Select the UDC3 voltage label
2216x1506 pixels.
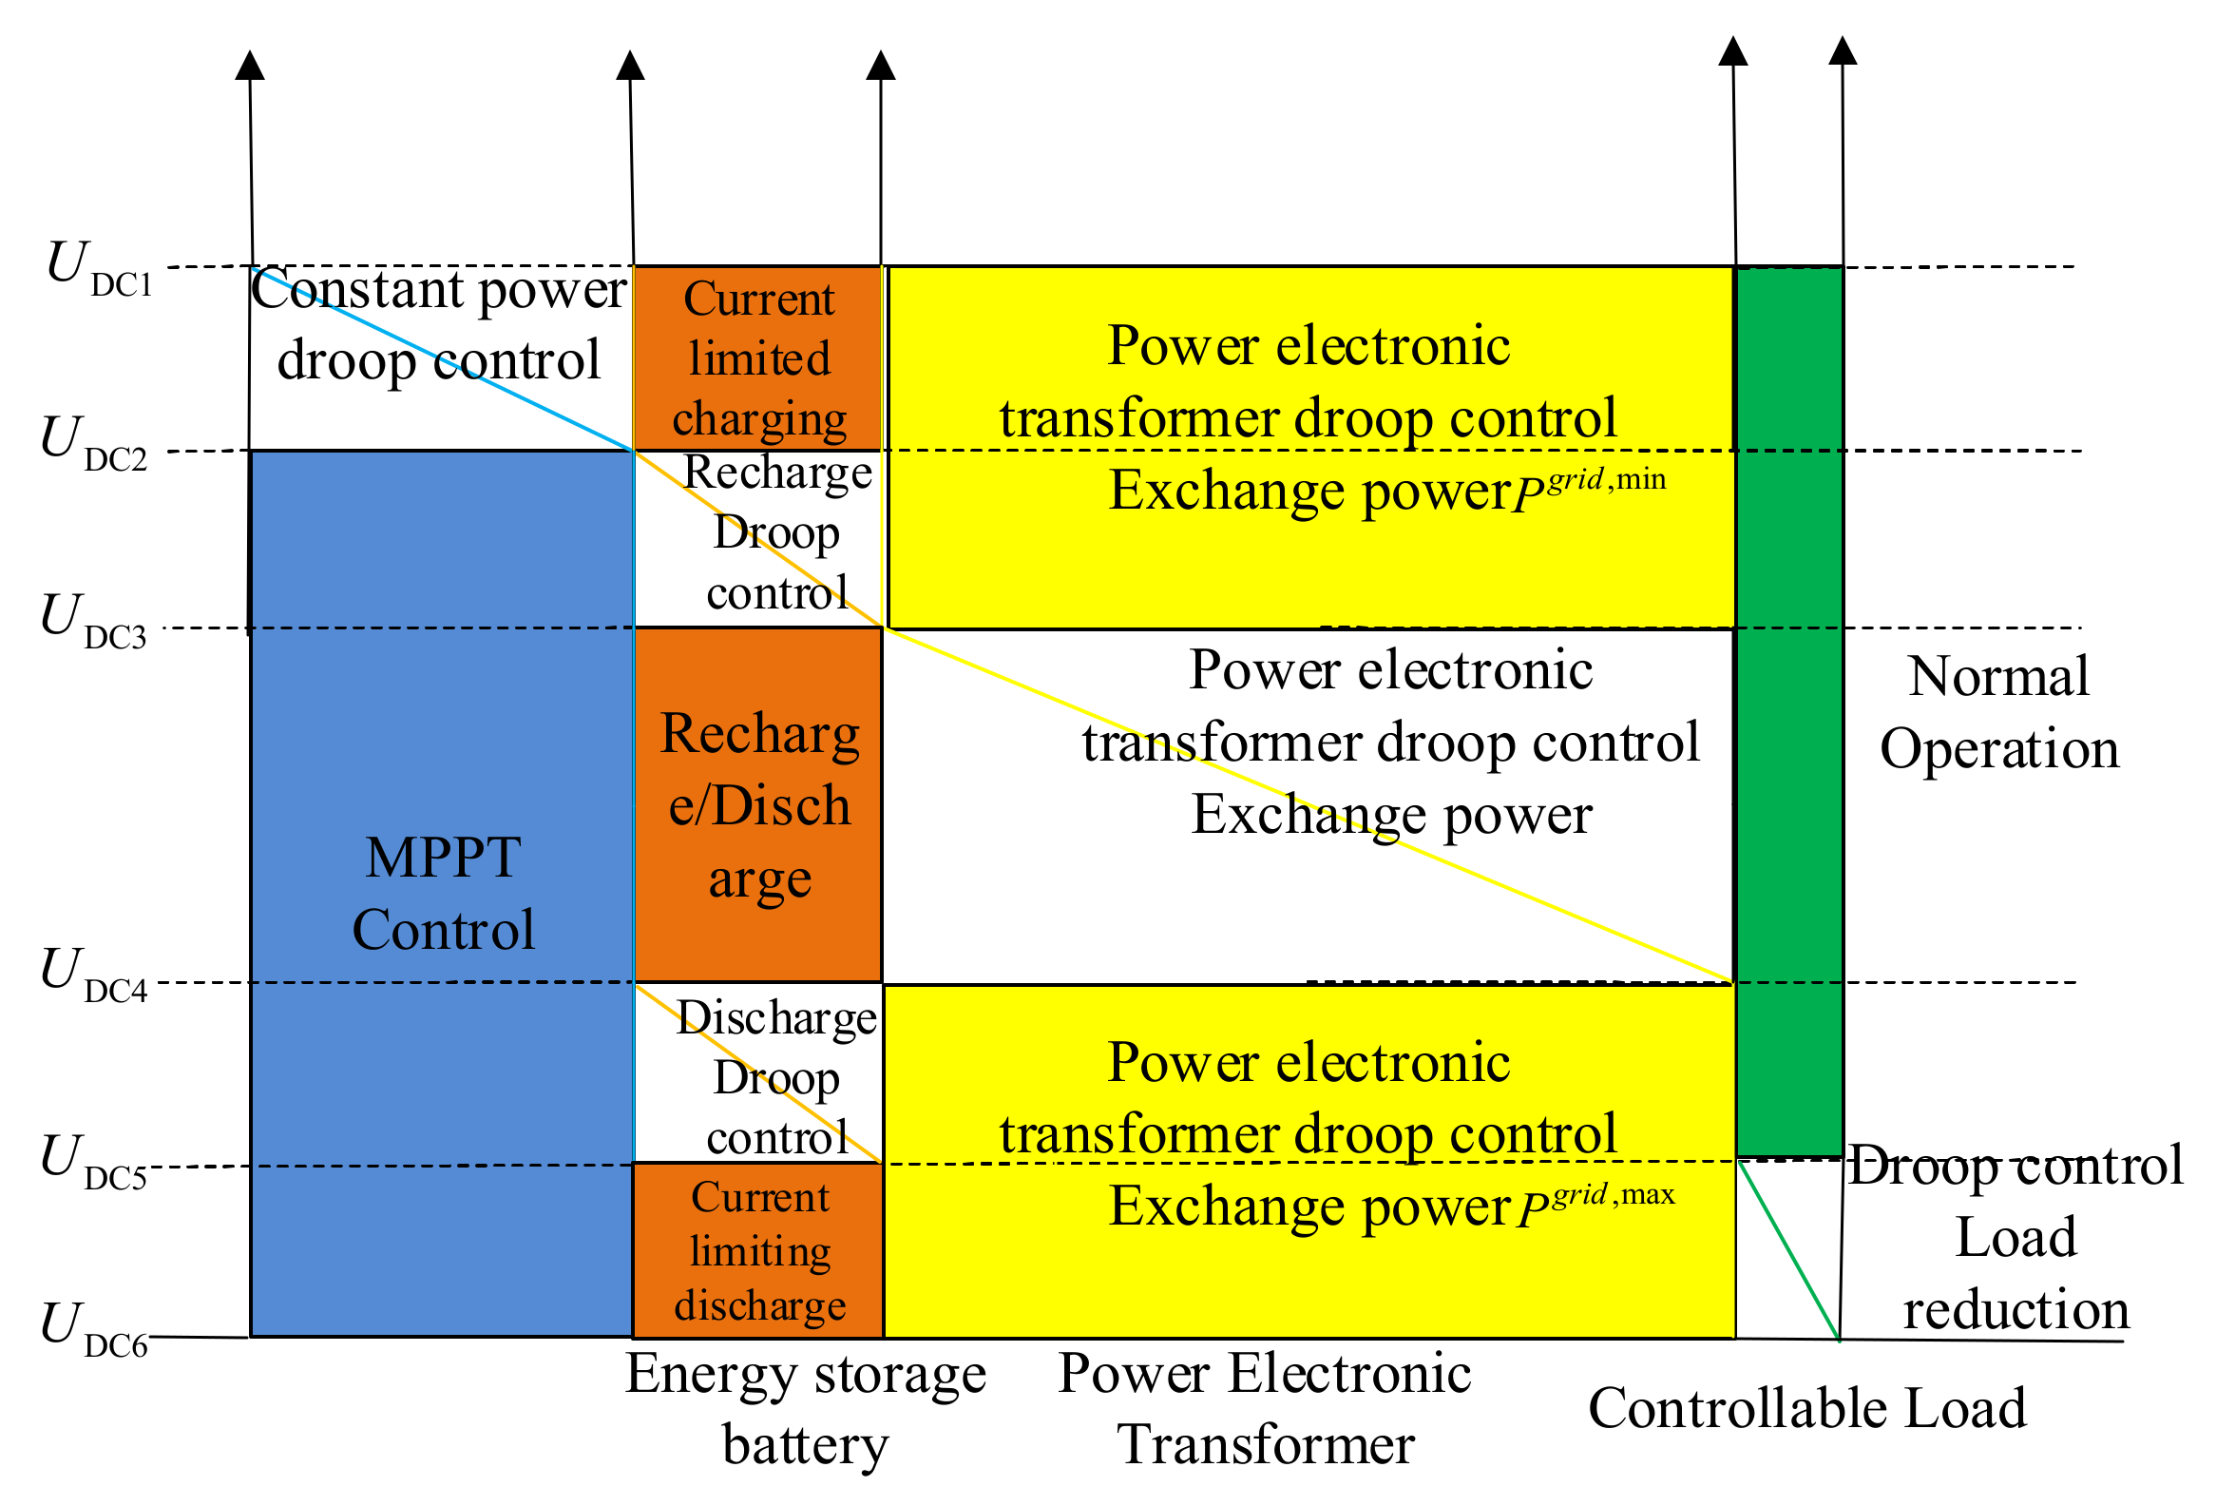tap(93, 621)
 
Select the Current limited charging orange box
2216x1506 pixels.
tap(758, 358)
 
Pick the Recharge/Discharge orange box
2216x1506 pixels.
tap(758, 805)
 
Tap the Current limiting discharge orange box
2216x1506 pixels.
tap(758, 1250)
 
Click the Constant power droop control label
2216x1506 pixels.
tap(439, 324)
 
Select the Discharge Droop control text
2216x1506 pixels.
tap(776, 1078)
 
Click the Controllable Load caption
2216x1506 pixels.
tap(1807, 1409)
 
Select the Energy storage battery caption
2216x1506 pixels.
tap(806, 1409)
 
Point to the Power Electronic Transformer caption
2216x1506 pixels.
tap(1265, 1409)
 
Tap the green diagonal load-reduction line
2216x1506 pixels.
tap(1788, 1250)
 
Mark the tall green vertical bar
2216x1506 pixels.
tap(1788, 710)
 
